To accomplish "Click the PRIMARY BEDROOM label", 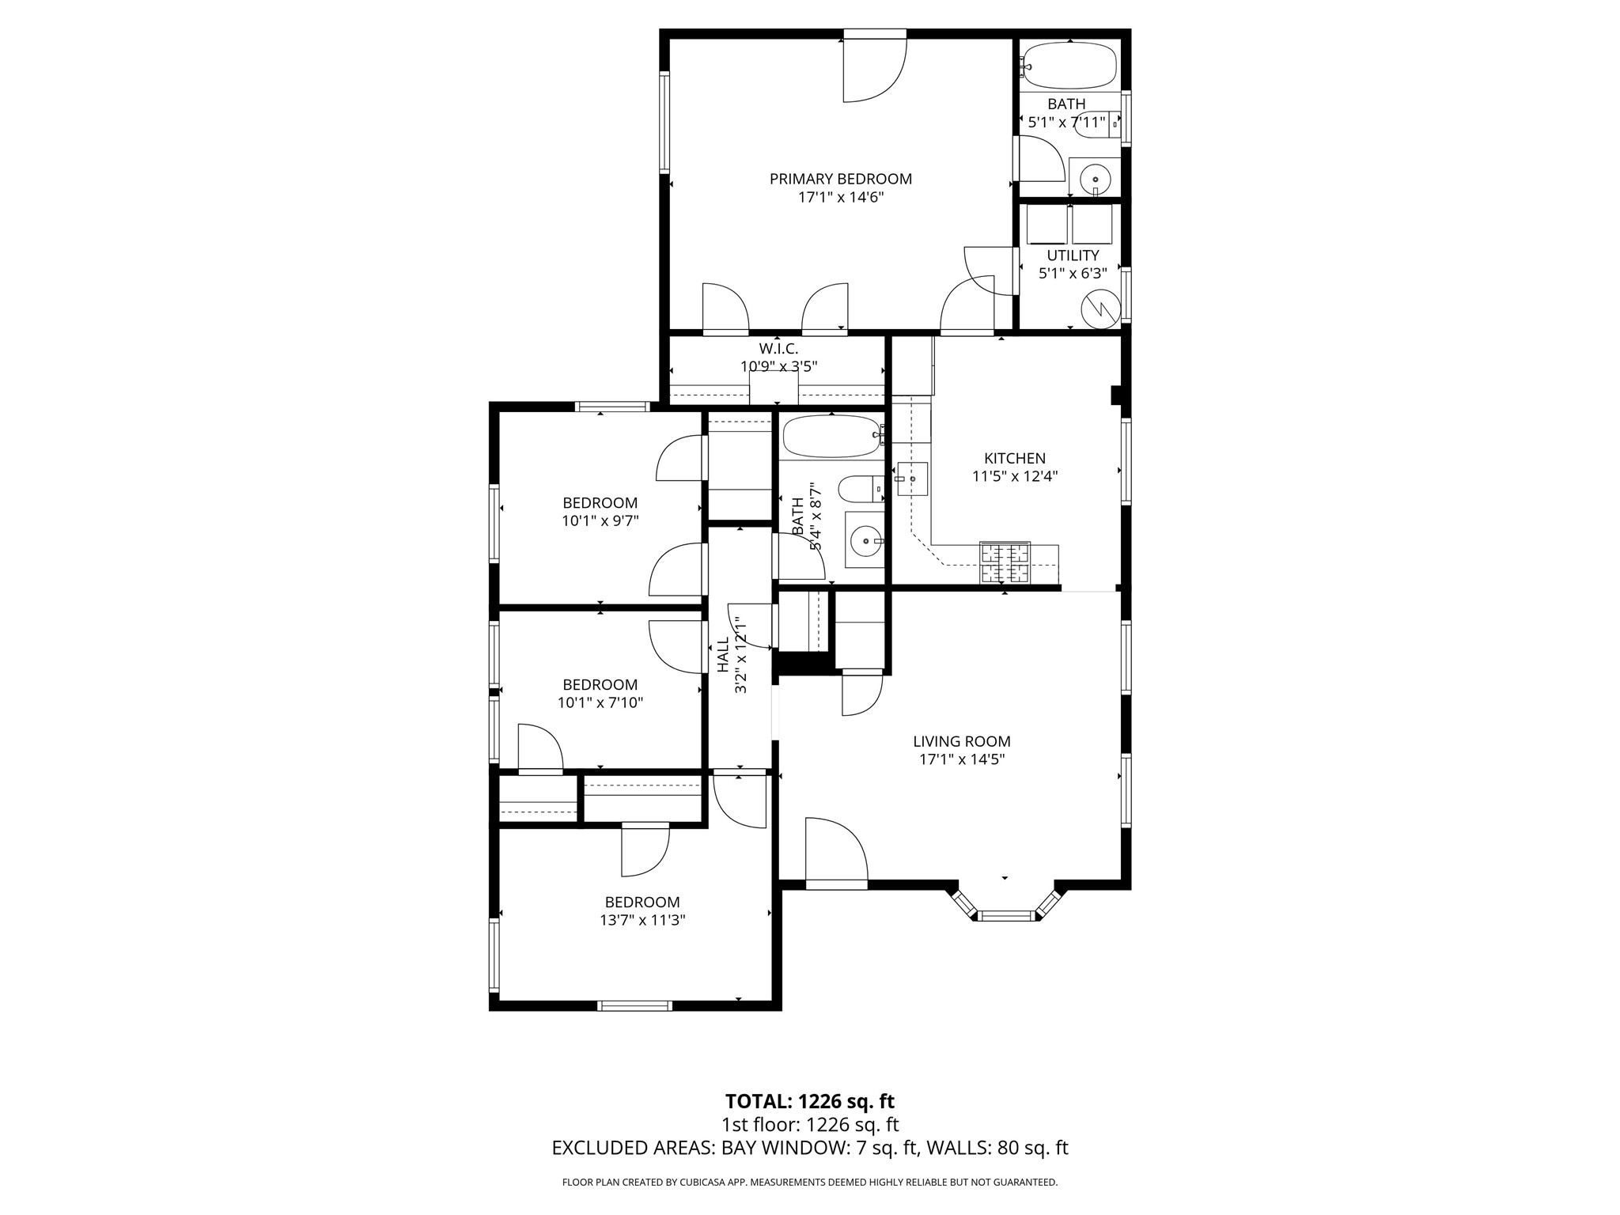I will pyautogui.click(x=840, y=179).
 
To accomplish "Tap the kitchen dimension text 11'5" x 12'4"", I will pyautogui.click(x=1015, y=476).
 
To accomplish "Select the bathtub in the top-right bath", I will pyautogui.click(x=1069, y=66).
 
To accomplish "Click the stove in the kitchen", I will pyautogui.click(x=1005, y=563).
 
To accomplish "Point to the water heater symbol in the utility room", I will pyautogui.click(x=1101, y=307).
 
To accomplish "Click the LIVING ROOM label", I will pyautogui.click(x=962, y=741).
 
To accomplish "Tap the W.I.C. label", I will pyautogui.click(x=778, y=348).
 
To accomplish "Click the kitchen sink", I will pyautogui.click(x=912, y=479).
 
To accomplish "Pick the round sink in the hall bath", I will pyautogui.click(x=866, y=541).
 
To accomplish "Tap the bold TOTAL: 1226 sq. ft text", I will pyautogui.click(x=809, y=1101).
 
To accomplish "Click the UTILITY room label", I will pyautogui.click(x=1073, y=255).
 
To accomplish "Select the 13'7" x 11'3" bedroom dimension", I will pyautogui.click(x=642, y=920).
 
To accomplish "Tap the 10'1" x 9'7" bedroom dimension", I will pyautogui.click(x=600, y=520).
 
